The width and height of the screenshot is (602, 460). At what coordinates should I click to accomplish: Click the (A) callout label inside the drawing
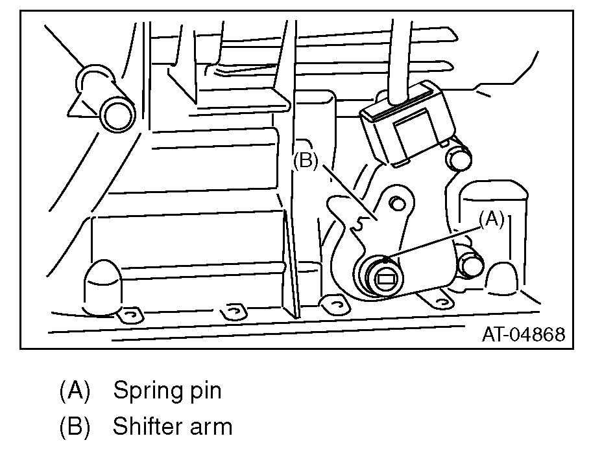(x=491, y=220)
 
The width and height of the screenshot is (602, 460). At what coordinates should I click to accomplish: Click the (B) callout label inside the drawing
(x=306, y=161)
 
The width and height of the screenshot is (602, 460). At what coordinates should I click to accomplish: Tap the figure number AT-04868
(x=523, y=334)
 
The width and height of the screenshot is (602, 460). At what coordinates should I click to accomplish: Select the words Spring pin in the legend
(x=167, y=391)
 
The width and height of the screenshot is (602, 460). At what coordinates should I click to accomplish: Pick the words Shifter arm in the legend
(x=172, y=427)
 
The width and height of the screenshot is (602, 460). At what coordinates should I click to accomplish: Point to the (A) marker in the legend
(x=75, y=391)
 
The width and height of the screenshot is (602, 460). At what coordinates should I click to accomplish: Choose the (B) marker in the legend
(x=75, y=427)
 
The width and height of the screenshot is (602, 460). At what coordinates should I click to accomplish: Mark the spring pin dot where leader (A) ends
(x=386, y=260)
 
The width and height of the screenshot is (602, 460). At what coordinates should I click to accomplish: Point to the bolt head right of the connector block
(x=458, y=157)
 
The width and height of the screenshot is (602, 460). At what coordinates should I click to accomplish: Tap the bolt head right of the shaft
(x=470, y=264)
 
